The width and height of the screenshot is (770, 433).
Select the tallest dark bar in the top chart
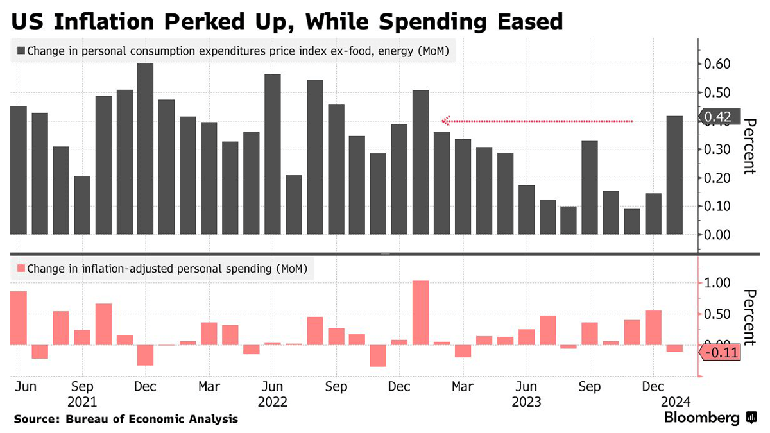point(146,148)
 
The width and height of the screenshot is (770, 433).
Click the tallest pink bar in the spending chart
point(420,312)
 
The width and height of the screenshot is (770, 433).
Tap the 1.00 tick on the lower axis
point(717,283)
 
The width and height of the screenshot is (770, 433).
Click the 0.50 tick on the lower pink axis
point(717,314)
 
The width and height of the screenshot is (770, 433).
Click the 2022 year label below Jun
point(273,402)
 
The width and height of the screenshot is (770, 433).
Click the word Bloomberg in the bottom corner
point(701,418)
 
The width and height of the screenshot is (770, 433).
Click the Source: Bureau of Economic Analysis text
point(126,419)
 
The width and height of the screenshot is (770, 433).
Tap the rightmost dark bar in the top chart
point(674,174)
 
